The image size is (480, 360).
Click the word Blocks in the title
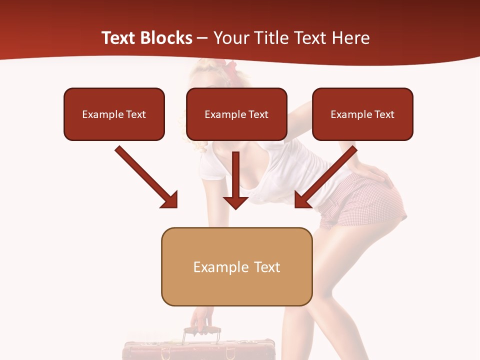(x=168, y=38)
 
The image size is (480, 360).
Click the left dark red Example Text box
(x=114, y=114)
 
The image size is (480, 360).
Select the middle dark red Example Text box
(x=236, y=114)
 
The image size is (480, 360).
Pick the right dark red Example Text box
(x=362, y=114)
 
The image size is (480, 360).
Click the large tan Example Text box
(x=236, y=267)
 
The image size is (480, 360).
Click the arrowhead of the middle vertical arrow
(x=235, y=202)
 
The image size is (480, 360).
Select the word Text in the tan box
(x=267, y=267)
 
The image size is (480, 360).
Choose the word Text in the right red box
(x=384, y=114)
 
